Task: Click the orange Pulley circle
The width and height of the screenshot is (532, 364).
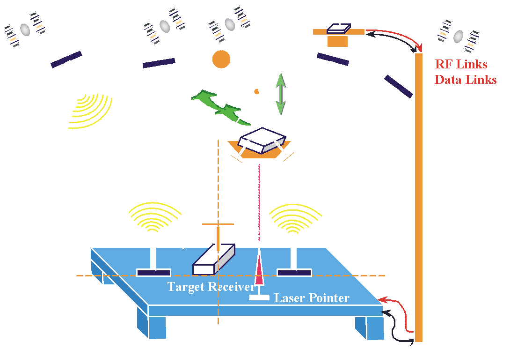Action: [x=221, y=59]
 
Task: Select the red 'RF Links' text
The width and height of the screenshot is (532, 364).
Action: [x=461, y=64]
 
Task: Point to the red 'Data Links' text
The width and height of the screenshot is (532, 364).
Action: [x=466, y=80]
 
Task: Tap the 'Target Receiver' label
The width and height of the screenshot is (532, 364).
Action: [x=211, y=286]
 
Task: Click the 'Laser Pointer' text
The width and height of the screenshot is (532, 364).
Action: [x=312, y=297]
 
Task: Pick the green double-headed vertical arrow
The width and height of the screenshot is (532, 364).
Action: [x=280, y=93]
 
